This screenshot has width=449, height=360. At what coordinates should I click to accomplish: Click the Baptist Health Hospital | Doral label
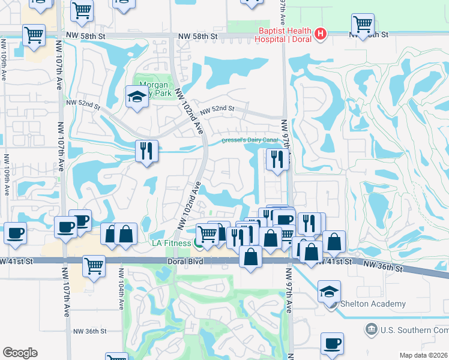284,35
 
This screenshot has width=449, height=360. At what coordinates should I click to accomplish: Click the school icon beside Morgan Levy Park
137,97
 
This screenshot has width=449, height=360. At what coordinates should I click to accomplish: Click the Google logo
19,352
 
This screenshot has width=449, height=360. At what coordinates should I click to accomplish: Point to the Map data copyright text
424,355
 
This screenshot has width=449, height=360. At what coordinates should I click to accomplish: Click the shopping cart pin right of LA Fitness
208,234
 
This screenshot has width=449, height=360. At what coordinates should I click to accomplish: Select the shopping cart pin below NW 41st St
94,266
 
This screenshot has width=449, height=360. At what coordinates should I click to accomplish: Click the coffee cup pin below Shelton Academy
331,344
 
